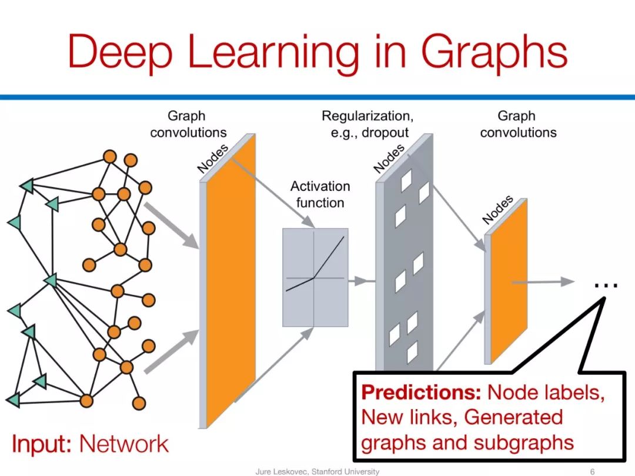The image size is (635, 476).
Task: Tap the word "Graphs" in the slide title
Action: (495, 51)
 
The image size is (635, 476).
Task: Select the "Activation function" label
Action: (320, 195)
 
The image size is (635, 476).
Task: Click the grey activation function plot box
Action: (315, 277)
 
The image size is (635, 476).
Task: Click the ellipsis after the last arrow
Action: (606, 286)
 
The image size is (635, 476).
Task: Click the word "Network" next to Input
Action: (124, 444)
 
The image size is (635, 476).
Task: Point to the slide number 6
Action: (592, 471)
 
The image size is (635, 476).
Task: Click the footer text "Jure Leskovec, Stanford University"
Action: (317, 471)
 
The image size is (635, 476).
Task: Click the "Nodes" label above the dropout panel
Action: (389, 158)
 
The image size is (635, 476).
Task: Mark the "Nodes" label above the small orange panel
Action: (497, 210)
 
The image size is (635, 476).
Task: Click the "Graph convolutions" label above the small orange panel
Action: (517, 124)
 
